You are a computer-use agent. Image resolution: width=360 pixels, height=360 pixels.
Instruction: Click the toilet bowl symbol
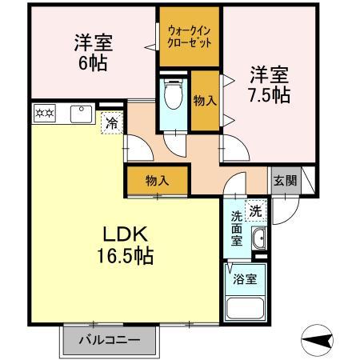[174, 94]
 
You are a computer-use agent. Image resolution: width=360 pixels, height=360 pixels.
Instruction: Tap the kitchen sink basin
[81, 114]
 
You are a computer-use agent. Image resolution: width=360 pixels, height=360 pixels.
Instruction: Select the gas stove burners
[45, 114]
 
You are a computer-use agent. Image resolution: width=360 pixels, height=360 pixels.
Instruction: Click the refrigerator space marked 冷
[112, 123]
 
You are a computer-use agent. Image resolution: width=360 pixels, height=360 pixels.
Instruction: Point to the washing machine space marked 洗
[256, 211]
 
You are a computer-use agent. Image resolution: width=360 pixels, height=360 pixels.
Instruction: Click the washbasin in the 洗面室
[258, 238]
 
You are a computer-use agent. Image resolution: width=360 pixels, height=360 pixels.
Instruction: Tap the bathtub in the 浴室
[245, 308]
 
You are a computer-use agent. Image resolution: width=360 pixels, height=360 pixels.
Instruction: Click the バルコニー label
[110, 340]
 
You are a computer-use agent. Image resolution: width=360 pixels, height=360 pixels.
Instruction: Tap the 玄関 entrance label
[285, 181]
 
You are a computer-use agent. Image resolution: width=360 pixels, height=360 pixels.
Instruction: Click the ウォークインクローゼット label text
[190, 37]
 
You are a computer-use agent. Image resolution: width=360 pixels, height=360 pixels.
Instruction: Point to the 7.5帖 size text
[270, 95]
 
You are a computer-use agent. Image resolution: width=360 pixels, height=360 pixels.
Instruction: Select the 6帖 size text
[93, 63]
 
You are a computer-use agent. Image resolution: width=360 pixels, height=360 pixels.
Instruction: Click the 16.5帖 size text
[125, 256]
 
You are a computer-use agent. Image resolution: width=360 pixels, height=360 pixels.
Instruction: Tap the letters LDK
[126, 234]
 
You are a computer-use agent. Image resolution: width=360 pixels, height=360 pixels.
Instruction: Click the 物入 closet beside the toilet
[205, 101]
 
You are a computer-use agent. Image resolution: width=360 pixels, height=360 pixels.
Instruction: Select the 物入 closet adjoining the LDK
[158, 181]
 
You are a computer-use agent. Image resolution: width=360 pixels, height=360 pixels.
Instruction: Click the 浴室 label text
[245, 279]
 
